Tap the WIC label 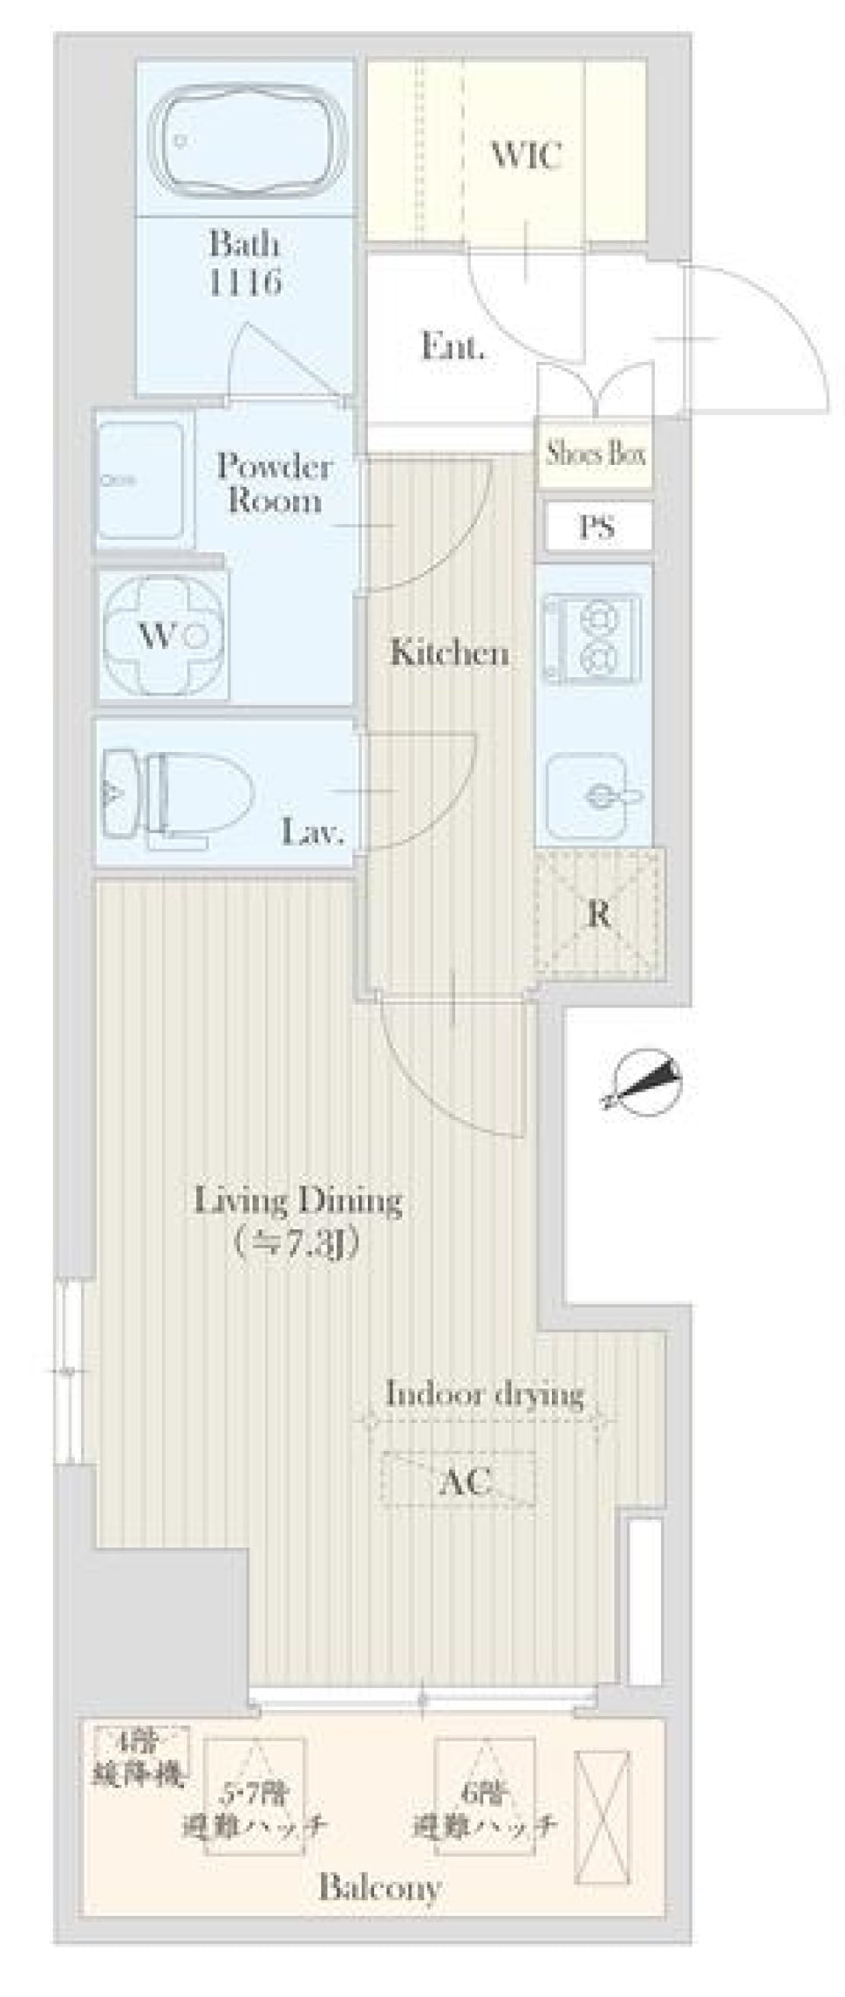point(525,156)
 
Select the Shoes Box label point(596,453)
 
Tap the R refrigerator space point(599,914)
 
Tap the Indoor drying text point(485,1395)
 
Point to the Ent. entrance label point(452,347)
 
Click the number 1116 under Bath point(245,282)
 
